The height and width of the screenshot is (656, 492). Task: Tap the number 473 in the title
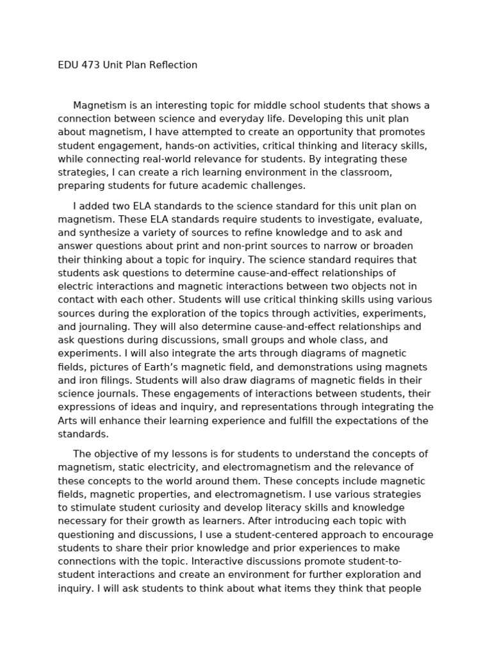click(x=92, y=65)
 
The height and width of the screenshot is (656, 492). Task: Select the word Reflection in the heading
click(x=173, y=65)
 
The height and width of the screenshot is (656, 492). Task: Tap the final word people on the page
click(x=405, y=588)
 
